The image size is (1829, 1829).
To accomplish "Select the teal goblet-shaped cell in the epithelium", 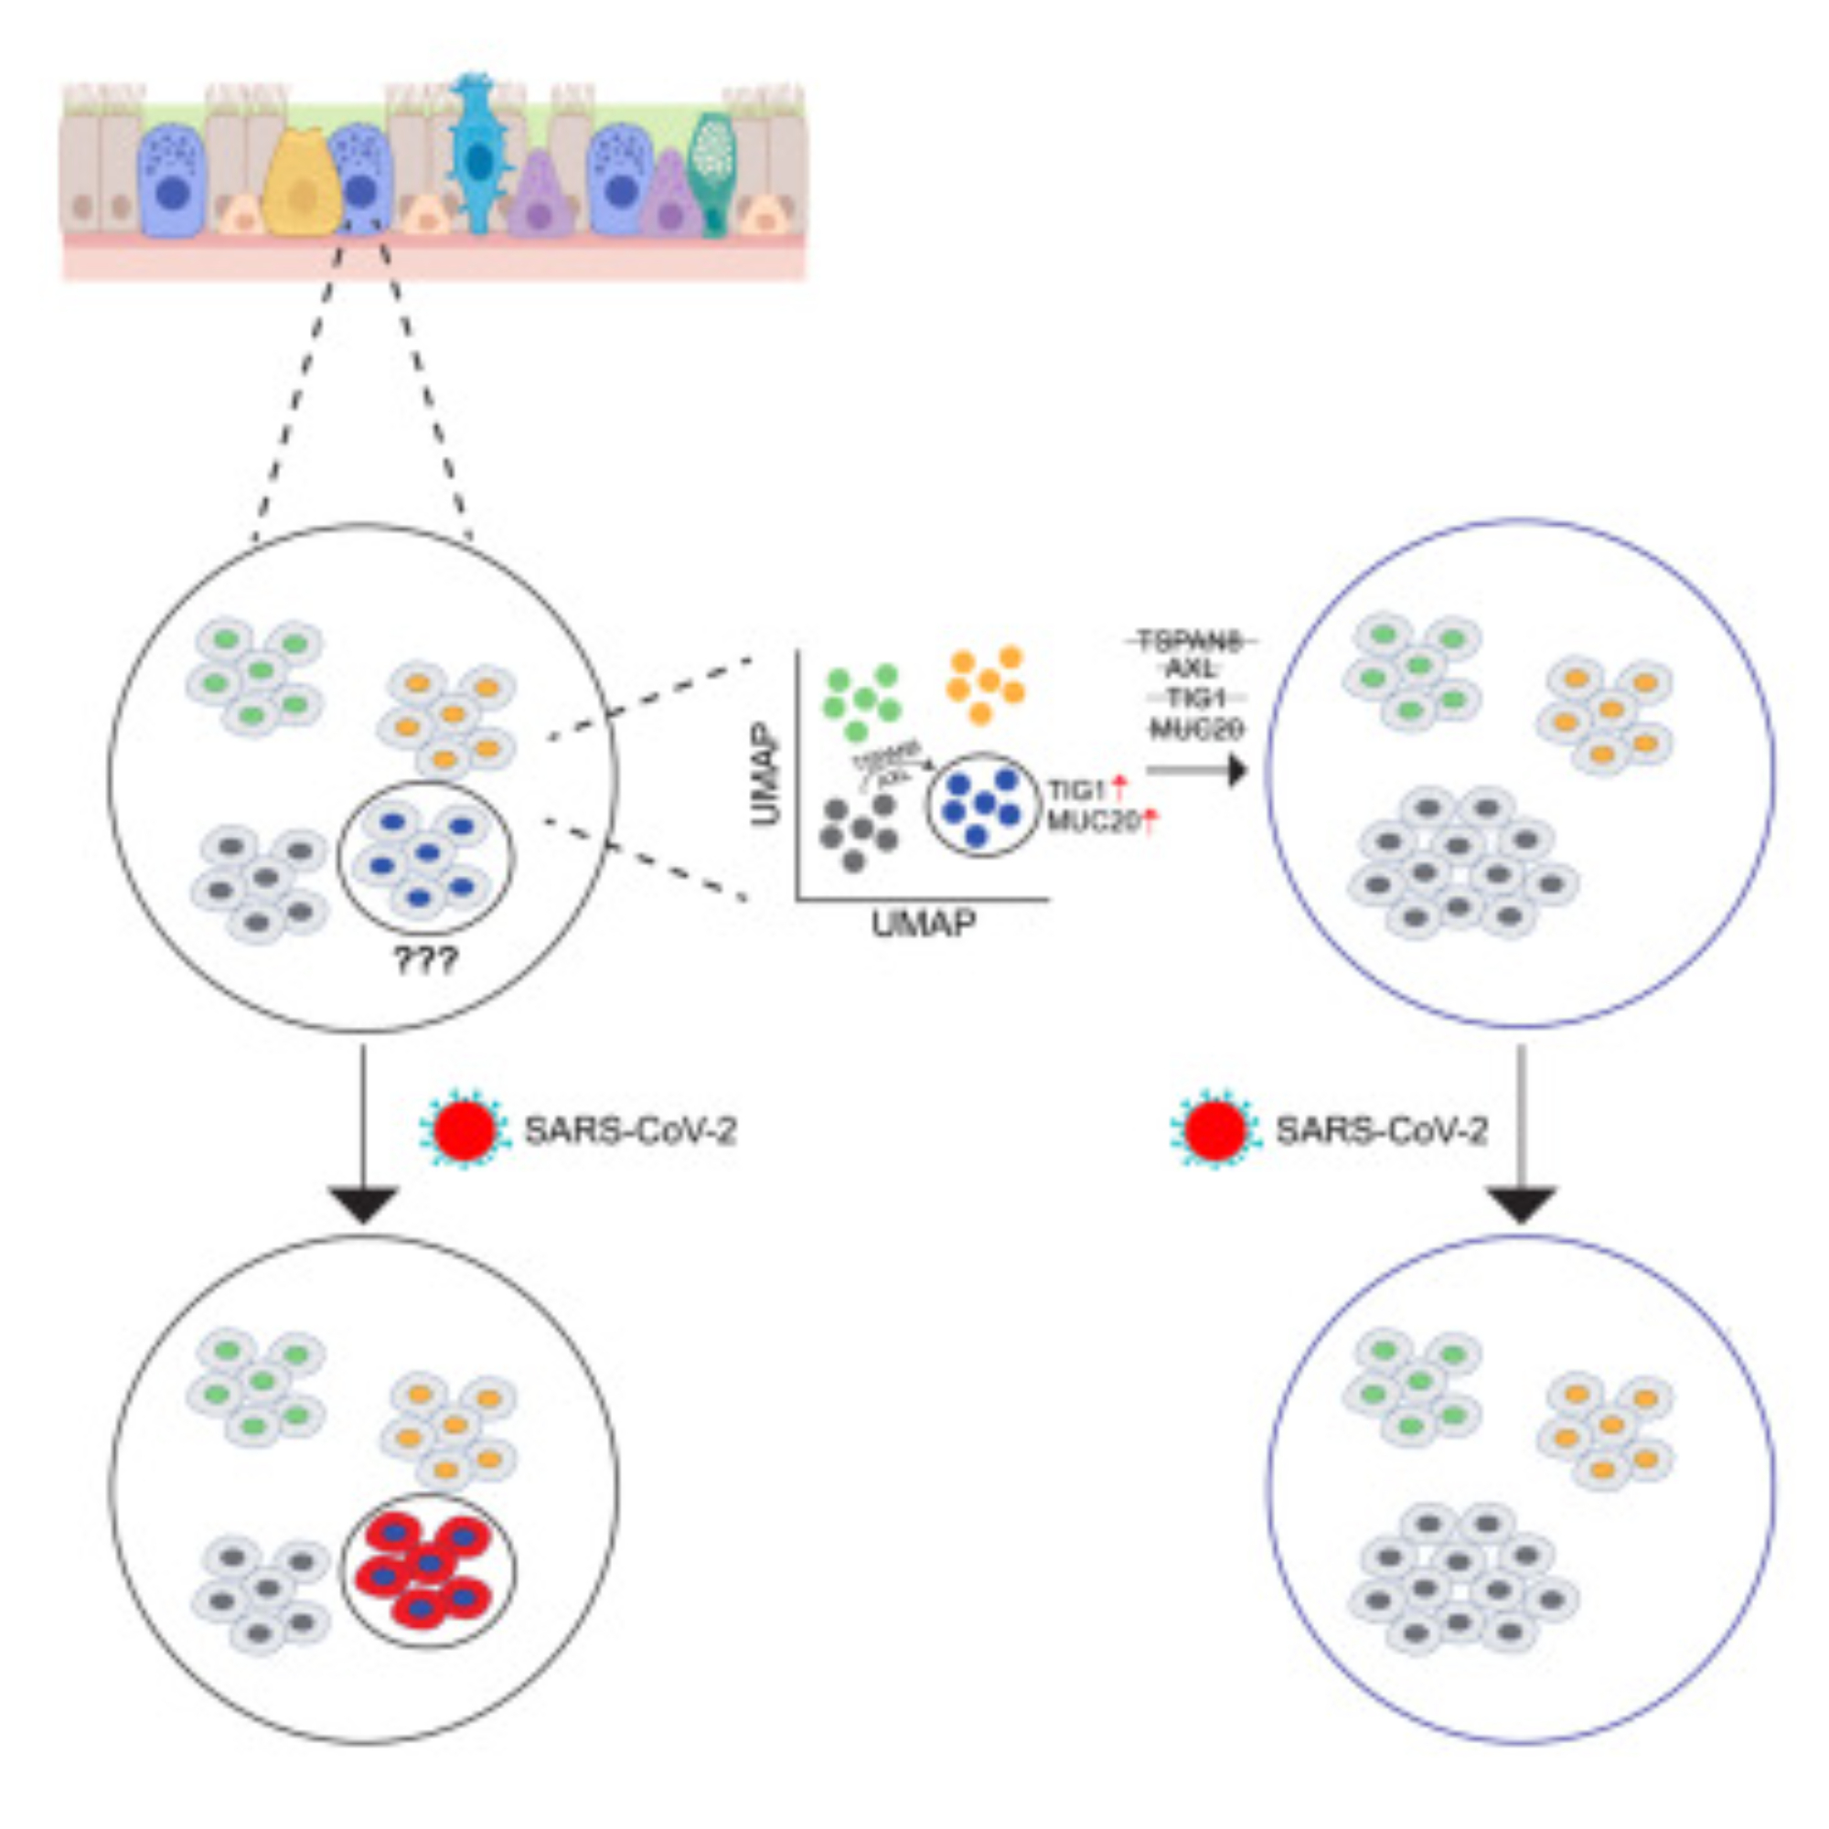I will (711, 170).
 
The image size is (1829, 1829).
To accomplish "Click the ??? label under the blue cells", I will (426, 961).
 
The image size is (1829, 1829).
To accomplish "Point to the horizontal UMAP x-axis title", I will (923, 923).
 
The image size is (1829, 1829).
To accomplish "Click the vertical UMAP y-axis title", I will (769, 774).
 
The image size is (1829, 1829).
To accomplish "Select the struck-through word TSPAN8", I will (1190, 642).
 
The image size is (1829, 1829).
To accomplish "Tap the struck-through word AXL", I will (1190, 669).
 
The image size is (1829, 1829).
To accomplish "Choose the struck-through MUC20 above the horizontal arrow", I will (1194, 729).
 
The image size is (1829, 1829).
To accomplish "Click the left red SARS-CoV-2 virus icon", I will (464, 1130).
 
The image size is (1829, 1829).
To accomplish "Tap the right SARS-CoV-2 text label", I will (1381, 1130).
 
